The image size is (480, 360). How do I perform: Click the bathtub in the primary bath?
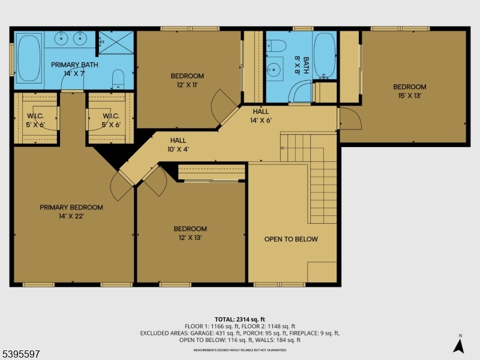pyautogui.click(x=28, y=58)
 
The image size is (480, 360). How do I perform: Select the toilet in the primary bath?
pyautogui.click(x=118, y=78)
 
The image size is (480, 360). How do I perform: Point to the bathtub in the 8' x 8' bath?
pyautogui.click(x=324, y=55)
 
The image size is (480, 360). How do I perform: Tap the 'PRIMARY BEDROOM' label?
pyautogui.click(x=71, y=207)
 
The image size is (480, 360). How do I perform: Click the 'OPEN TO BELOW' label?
pyautogui.click(x=291, y=239)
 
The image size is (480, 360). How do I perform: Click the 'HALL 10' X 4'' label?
pyautogui.click(x=175, y=145)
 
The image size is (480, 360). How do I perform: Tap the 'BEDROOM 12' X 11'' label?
pyautogui.click(x=187, y=80)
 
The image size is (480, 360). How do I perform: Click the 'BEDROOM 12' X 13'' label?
pyautogui.click(x=190, y=233)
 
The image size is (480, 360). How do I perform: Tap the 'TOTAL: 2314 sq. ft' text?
pyautogui.click(x=239, y=319)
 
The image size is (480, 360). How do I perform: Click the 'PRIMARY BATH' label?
pyautogui.click(x=74, y=68)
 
